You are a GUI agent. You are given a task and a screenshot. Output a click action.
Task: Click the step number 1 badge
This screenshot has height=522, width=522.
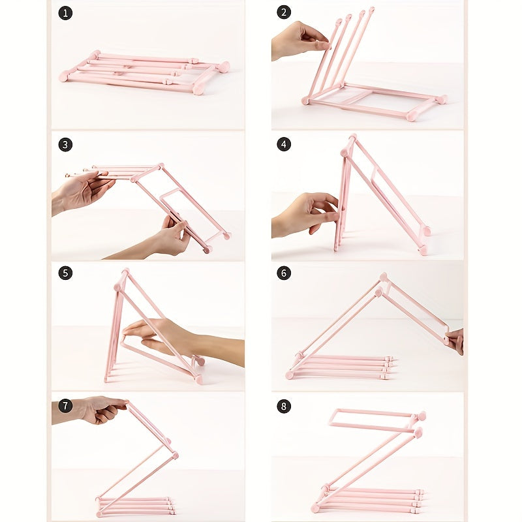[x=65, y=13]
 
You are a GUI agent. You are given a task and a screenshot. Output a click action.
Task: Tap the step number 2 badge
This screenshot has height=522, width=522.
[x=284, y=13]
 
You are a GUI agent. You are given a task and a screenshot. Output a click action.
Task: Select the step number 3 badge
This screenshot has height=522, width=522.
[x=65, y=144]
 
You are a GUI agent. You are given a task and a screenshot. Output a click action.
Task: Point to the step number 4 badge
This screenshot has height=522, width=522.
[x=284, y=144]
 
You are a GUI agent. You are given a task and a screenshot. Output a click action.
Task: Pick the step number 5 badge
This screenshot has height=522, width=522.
[x=65, y=273]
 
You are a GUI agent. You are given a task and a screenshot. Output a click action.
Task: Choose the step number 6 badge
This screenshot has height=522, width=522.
[x=284, y=273]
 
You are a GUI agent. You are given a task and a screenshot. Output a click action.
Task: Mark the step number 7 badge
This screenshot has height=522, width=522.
[x=65, y=406]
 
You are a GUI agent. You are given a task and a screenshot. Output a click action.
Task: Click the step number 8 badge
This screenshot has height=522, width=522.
[x=284, y=406]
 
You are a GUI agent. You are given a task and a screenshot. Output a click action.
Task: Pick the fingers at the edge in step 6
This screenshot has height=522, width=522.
[x=455, y=339]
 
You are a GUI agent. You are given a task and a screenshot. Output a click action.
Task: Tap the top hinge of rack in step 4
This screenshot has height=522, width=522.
[x=352, y=139]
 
